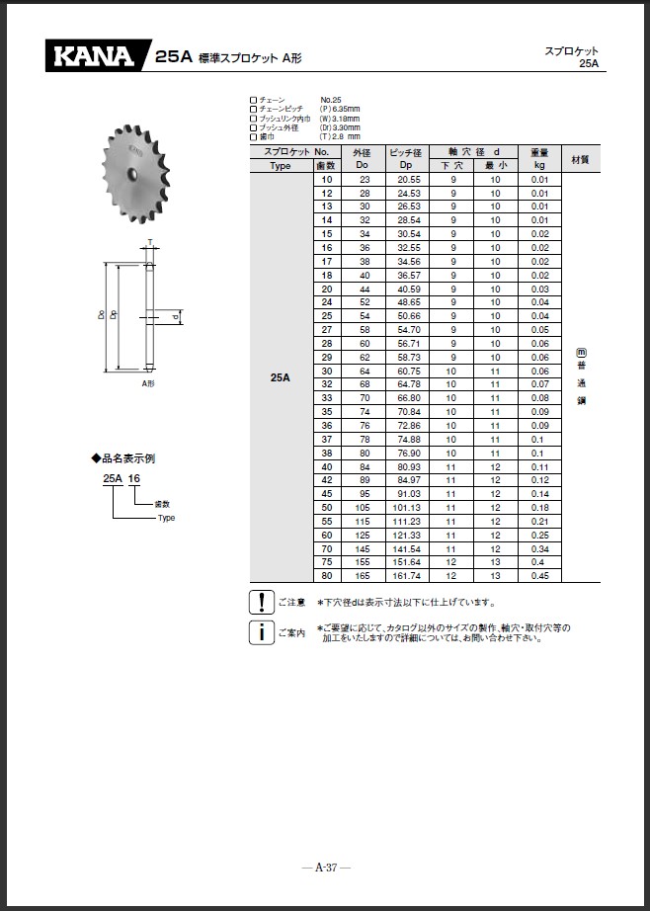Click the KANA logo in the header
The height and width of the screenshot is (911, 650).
(x=95, y=56)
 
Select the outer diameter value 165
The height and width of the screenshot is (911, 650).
(x=364, y=576)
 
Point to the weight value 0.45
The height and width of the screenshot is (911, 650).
(x=539, y=576)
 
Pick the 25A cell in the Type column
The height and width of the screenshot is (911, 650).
(x=281, y=377)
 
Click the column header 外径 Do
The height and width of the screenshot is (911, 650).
(x=363, y=159)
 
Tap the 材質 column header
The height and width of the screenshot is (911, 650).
(x=580, y=159)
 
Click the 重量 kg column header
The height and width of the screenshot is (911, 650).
(x=539, y=159)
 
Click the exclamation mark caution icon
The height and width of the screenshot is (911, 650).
(x=260, y=601)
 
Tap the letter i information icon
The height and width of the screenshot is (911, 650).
(x=260, y=631)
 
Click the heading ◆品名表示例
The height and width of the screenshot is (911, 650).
(x=122, y=458)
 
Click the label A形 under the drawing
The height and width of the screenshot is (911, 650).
(x=148, y=382)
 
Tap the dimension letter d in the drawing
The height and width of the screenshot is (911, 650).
(x=174, y=317)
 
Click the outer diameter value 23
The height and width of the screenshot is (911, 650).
(x=364, y=181)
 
